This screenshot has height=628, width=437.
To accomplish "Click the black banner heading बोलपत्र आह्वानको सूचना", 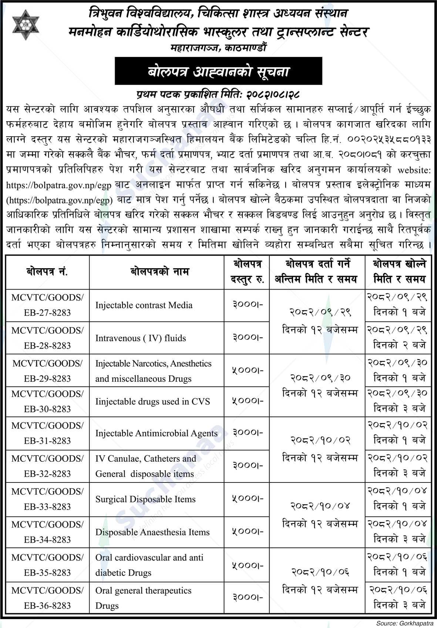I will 218,71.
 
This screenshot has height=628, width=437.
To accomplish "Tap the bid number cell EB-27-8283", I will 47,305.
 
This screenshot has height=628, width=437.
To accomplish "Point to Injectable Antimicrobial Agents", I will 156,433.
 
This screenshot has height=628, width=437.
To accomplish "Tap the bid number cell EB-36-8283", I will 47,598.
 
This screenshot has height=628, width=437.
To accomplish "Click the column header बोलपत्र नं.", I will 47,272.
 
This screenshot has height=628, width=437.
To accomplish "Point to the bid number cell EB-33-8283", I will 47,499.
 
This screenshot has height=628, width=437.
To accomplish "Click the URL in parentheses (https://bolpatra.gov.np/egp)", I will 59,200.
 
